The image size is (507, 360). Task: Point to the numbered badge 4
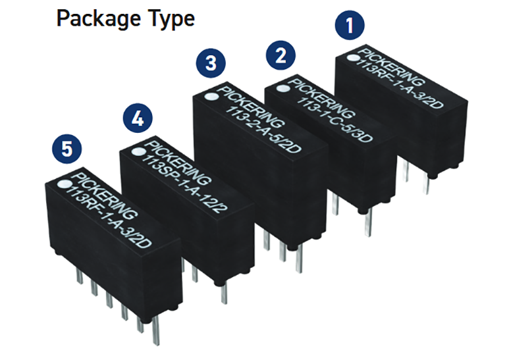coord(137,118)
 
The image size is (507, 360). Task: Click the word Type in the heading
coord(170,18)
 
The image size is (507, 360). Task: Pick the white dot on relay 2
coord(285,85)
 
